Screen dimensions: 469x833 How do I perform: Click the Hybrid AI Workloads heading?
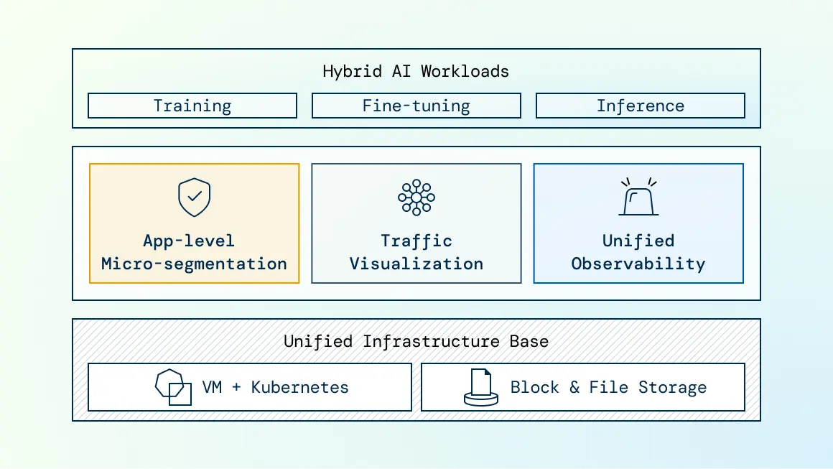(x=416, y=71)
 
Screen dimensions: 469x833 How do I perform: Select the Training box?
(x=192, y=106)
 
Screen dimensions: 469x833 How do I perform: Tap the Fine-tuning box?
(x=416, y=106)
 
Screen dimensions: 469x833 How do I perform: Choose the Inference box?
(x=640, y=106)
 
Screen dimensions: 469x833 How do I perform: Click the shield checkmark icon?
(x=194, y=198)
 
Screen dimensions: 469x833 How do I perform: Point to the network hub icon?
(x=416, y=198)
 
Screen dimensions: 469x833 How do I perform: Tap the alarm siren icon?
(x=638, y=197)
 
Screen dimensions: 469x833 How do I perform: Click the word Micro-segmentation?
(x=194, y=264)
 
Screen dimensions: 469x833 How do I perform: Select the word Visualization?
(x=416, y=264)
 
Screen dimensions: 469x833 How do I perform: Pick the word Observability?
(x=638, y=264)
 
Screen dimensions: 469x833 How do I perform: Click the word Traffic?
(x=416, y=241)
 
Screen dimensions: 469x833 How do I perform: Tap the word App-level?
(x=189, y=241)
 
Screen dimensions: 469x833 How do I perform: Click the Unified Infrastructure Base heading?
(x=416, y=341)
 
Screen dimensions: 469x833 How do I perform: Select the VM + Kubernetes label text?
(x=275, y=387)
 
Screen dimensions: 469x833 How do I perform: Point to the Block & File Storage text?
(x=608, y=387)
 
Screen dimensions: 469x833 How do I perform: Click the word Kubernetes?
(x=299, y=387)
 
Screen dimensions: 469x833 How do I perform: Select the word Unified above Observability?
(x=638, y=241)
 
